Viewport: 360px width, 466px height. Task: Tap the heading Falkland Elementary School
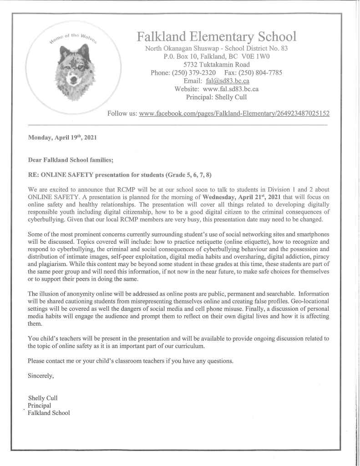tap(216, 36)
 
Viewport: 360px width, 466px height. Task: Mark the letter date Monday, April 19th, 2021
tap(62, 137)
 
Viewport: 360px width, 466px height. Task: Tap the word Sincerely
tap(41, 376)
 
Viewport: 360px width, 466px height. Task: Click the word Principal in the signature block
tap(40, 405)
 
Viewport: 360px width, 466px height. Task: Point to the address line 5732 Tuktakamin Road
tap(217, 65)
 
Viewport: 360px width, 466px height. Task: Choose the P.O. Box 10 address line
tap(216, 56)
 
